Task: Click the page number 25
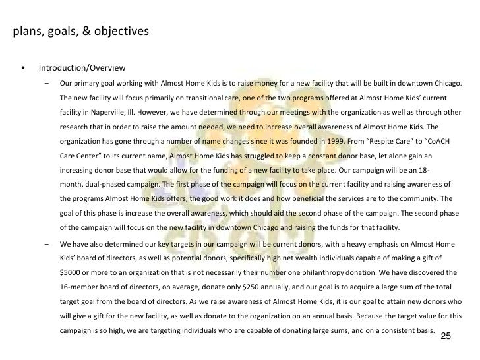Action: pyautogui.click(x=445, y=336)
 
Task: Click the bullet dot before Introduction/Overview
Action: pyautogui.click(x=24, y=69)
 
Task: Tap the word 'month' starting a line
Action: pyautogui.click(x=71, y=184)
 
